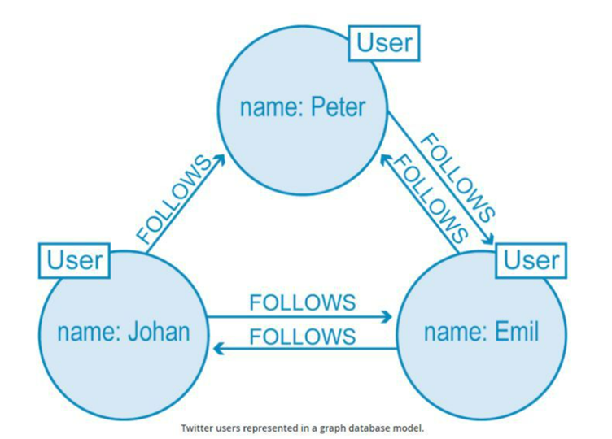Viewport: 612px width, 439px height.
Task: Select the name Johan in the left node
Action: click(x=160, y=332)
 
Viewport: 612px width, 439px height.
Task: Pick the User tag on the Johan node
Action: click(x=74, y=260)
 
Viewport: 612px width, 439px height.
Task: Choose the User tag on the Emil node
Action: click(x=531, y=260)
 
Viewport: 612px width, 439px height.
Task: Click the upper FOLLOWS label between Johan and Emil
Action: click(x=302, y=302)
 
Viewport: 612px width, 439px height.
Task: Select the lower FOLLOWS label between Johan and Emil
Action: click(x=302, y=335)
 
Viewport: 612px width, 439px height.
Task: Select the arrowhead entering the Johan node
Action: click(x=216, y=349)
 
